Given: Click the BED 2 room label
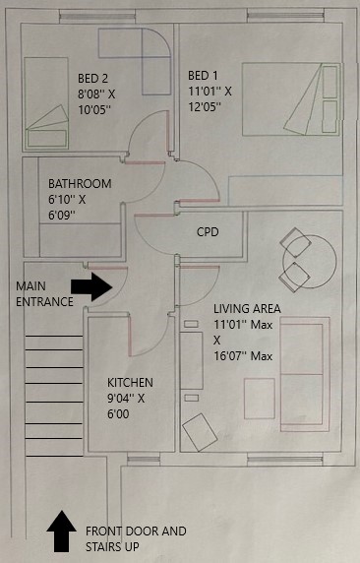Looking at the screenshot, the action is [x=93, y=79].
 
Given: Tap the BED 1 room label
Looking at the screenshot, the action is [x=203, y=76].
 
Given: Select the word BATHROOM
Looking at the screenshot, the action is [x=80, y=184].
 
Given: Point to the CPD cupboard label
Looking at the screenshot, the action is [x=208, y=232].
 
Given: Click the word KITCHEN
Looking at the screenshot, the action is [x=130, y=383].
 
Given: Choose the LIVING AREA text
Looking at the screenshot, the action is [x=247, y=309].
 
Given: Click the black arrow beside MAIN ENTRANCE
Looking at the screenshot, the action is [x=91, y=286].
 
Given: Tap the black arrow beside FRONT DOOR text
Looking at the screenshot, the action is [x=61, y=532].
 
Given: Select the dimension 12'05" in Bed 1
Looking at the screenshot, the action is [x=205, y=106].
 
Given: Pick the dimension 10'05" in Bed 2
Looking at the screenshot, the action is [x=94, y=110].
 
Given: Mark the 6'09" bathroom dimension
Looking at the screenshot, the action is [x=62, y=216].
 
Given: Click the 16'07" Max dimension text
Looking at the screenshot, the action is [x=243, y=356].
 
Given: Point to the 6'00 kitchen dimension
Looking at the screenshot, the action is [x=118, y=414].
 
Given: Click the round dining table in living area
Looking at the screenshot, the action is [x=310, y=261].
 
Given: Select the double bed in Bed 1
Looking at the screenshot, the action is [x=291, y=99].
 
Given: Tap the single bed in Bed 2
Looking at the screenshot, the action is [x=46, y=103].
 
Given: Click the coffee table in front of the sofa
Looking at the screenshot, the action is [x=260, y=399].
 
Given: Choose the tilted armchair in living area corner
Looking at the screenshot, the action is [x=200, y=432].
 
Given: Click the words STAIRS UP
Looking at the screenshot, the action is [x=112, y=547].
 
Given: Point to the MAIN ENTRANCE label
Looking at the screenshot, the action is [x=44, y=294].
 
